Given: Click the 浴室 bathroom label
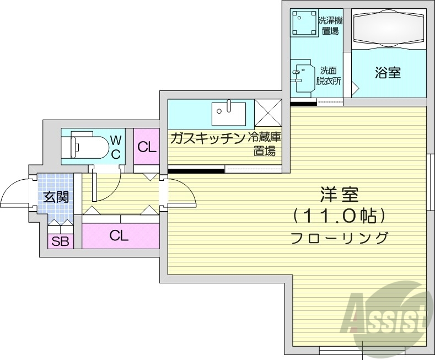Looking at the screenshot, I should pos(388,73).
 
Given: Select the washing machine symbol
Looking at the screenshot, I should pos(303,23).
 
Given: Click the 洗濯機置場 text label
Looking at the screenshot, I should pos(330,25).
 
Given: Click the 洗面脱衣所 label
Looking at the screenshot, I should pos(329,76).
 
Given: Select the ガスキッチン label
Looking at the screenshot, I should pos(207,138).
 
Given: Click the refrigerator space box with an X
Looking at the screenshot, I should pos(267,114).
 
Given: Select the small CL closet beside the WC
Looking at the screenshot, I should pos(146,147).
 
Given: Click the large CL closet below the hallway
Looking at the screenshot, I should pos(120,236).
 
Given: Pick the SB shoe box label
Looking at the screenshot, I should pos(59,241).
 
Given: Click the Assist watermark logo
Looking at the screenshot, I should pos(386,314).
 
